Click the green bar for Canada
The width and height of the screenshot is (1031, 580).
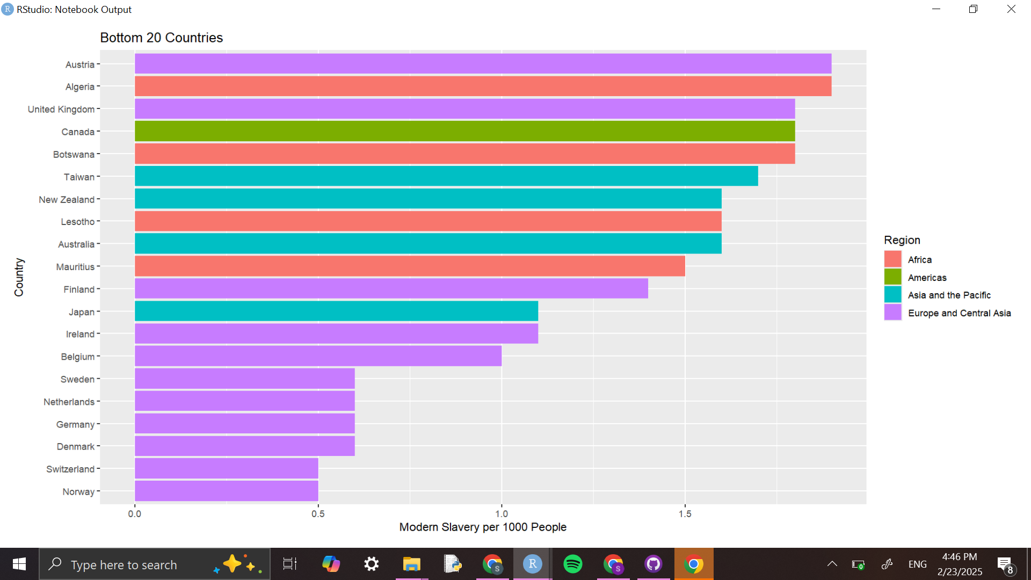click(464, 131)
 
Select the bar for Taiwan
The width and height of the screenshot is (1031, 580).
click(446, 176)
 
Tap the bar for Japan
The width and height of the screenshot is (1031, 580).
click(336, 311)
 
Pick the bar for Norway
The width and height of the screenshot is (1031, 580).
click(226, 491)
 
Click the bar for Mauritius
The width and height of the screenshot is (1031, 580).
click(410, 266)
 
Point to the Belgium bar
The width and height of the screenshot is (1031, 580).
click(318, 356)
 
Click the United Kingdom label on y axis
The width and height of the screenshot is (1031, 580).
click(61, 110)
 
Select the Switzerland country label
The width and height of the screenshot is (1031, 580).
click(70, 469)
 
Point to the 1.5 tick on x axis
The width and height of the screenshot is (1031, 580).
click(685, 514)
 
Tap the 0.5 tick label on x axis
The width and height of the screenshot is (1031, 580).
click(318, 514)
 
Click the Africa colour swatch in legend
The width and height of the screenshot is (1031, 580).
click(892, 259)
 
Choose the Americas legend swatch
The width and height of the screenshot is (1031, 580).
click(892, 277)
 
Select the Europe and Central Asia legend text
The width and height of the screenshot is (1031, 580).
click(959, 313)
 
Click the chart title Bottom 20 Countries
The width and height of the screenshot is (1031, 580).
click(161, 38)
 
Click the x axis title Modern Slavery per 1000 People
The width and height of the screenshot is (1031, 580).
click(483, 527)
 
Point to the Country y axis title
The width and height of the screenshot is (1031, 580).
click(19, 277)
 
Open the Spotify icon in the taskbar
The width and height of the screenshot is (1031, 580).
click(573, 564)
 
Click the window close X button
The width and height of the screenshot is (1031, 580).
click(1011, 9)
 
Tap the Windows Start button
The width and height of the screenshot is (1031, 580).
click(19, 564)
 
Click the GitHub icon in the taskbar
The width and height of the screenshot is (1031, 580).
click(653, 564)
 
